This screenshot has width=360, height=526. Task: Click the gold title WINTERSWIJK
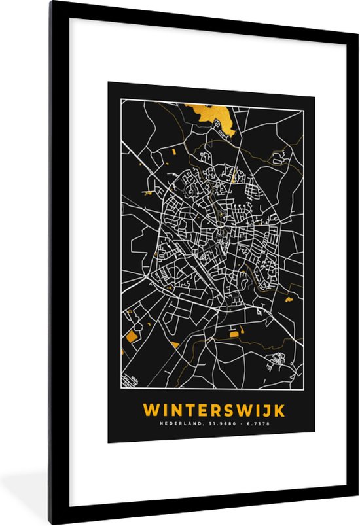click(214, 410)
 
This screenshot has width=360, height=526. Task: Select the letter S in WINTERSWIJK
click(227, 410)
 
